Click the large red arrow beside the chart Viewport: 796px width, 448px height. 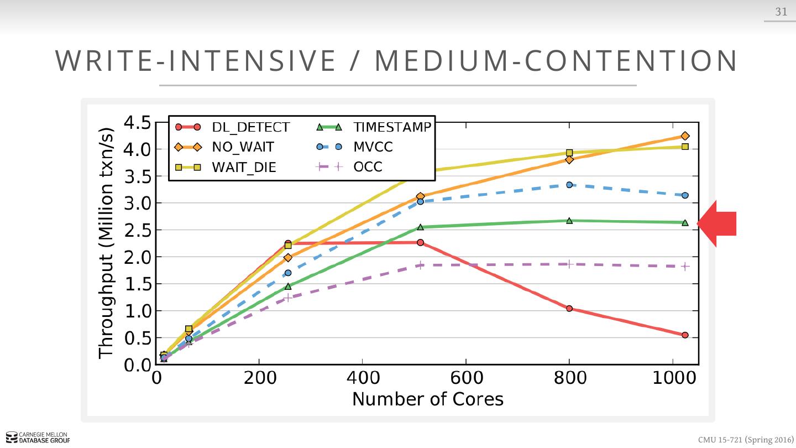pyautogui.click(x=718, y=223)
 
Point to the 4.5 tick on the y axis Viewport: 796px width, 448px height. pyautogui.click(x=137, y=123)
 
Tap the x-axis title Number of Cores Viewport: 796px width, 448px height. pyautogui.click(x=428, y=399)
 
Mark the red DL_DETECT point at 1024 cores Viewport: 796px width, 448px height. pyautogui.click(x=685, y=335)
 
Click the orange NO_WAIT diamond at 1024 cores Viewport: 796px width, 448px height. pyautogui.click(x=685, y=136)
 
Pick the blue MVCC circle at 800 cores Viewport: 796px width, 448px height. pyautogui.click(x=569, y=185)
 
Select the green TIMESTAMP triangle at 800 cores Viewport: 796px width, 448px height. pyautogui.click(x=569, y=221)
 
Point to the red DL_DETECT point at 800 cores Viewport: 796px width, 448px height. pyautogui.click(x=569, y=309)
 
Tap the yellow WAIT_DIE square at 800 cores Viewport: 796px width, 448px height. pyautogui.click(x=569, y=153)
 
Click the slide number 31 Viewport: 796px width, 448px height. pyautogui.click(x=781, y=12)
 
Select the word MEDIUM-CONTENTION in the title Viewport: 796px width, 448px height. pyautogui.click(x=556, y=61)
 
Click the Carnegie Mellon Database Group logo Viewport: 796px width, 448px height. pyautogui.click(x=38, y=437)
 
